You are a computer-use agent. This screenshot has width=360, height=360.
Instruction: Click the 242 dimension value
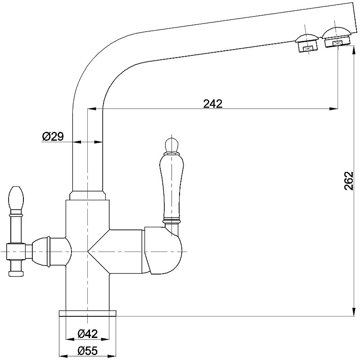point(213,103)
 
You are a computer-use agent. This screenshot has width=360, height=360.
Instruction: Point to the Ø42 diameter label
point(87,333)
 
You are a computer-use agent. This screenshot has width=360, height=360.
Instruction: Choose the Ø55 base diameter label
point(87,350)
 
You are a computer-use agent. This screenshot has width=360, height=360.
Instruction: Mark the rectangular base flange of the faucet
point(87,314)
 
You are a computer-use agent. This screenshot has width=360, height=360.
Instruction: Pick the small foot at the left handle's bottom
point(16,273)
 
